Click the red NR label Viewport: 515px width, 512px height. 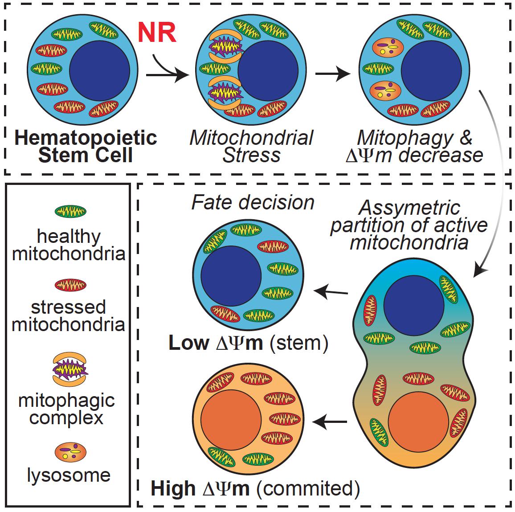click(x=156, y=33)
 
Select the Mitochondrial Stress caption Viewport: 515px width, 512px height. click(x=252, y=146)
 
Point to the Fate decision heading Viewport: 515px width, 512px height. click(x=253, y=202)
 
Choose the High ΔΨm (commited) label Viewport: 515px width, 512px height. click(x=255, y=488)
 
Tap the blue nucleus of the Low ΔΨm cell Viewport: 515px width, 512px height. click(x=231, y=275)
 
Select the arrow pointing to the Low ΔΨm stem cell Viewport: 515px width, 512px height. click(x=331, y=292)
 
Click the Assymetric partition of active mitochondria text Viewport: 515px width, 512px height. click(x=409, y=225)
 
